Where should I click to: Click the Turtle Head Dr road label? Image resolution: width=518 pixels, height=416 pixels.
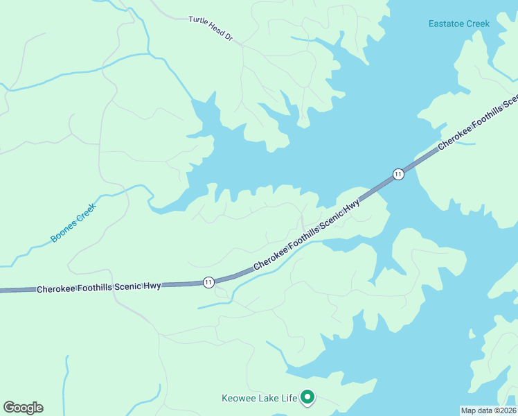coord(210,29)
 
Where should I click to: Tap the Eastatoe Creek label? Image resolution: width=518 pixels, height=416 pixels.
coord(458,24)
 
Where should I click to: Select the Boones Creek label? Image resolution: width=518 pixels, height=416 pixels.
coord(72,223)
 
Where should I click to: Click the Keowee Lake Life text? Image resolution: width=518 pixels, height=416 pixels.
coord(259,398)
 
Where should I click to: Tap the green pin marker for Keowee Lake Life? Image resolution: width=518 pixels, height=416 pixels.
coord(307,397)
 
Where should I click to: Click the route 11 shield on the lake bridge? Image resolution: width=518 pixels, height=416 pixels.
coord(398,174)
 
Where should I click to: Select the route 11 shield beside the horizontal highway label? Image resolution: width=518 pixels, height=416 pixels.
coord(208,281)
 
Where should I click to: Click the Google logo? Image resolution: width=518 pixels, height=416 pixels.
coord(23,408)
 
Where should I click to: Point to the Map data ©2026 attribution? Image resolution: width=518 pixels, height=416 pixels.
coord(489,410)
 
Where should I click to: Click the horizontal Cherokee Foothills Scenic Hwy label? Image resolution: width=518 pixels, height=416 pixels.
coord(99,287)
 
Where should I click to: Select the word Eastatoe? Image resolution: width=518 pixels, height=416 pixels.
coord(446,24)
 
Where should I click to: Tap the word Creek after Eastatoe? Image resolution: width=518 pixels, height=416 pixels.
coord(477,24)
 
